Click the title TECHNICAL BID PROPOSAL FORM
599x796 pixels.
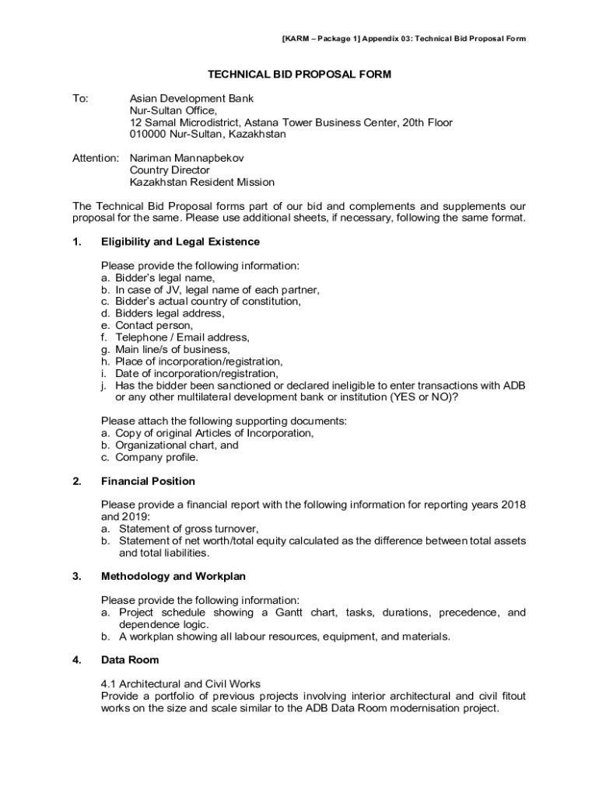click(299, 75)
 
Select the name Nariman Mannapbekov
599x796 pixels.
click(187, 158)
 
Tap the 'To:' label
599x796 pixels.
click(80, 99)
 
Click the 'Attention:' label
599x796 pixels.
click(96, 158)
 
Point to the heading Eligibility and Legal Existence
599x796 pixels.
click(180, 242)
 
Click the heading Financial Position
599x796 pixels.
click(148, 481)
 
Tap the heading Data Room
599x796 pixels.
click(130, 660)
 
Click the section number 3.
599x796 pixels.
click(76, 577)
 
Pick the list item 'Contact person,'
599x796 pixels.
click(154, 325)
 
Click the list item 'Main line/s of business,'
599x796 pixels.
click(173, 349)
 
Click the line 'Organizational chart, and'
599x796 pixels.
click(177, 445)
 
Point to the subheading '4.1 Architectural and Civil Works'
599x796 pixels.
click(180, 684)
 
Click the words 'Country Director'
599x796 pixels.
click(170, 170)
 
